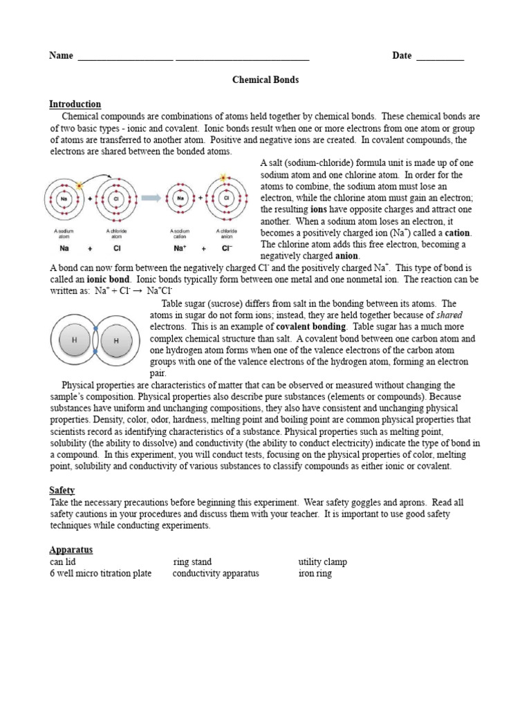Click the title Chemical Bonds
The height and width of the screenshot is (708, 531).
pos(265,80)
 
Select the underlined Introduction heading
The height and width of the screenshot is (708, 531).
pos(75,104)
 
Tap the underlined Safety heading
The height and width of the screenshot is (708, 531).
pos(62,490)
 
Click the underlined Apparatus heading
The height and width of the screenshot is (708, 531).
pos(71,550)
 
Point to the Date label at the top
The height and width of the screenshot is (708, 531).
pos(402,55)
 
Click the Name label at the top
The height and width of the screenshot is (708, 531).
pos(61,55)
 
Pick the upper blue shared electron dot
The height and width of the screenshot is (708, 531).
pos(95,327)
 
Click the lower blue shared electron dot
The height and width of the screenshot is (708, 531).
pos(95,353)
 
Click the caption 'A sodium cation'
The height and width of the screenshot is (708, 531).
pos(180,234)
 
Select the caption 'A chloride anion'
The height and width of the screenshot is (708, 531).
pos(226,234)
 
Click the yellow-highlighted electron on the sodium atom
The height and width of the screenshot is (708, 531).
pos(80,186)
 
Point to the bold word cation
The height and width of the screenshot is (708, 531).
pos(458,232)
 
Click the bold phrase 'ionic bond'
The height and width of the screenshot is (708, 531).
pos(109,279)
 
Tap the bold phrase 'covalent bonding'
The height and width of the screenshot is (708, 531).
pos(310,327)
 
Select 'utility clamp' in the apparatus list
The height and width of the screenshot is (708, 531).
pos(322,562)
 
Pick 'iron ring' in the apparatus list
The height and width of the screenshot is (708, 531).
pos(315,574)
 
